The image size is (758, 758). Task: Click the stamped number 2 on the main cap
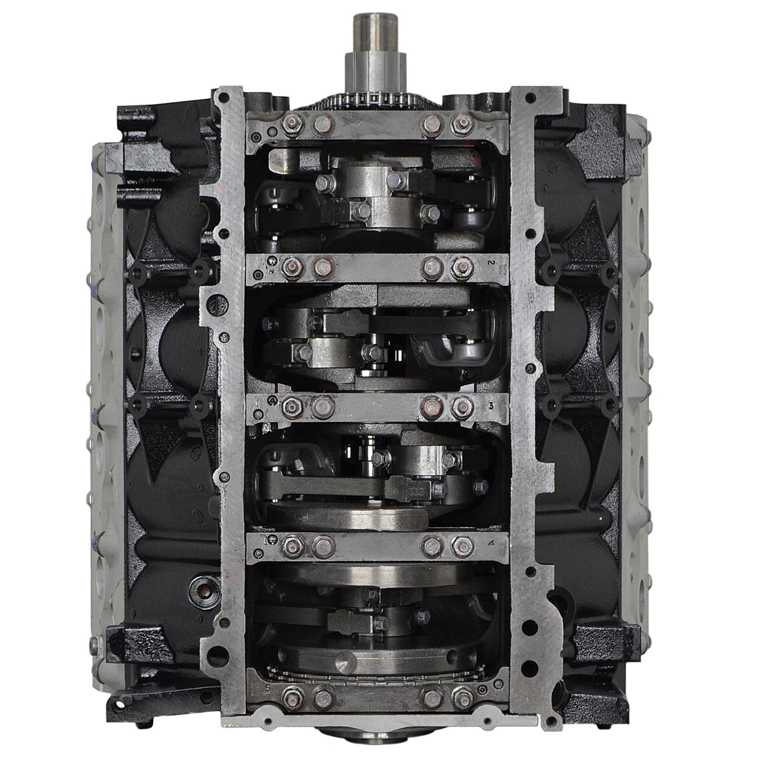(491, 263)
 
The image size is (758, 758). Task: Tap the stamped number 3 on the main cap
(491, 405)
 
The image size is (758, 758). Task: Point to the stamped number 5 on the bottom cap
(266, 688)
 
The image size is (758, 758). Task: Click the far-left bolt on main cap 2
(290, 267)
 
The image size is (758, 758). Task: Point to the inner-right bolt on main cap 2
(430, 266)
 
